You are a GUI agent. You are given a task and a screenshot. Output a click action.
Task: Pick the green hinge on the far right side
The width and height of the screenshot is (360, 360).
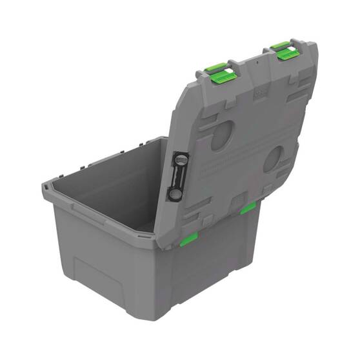[248, 208]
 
